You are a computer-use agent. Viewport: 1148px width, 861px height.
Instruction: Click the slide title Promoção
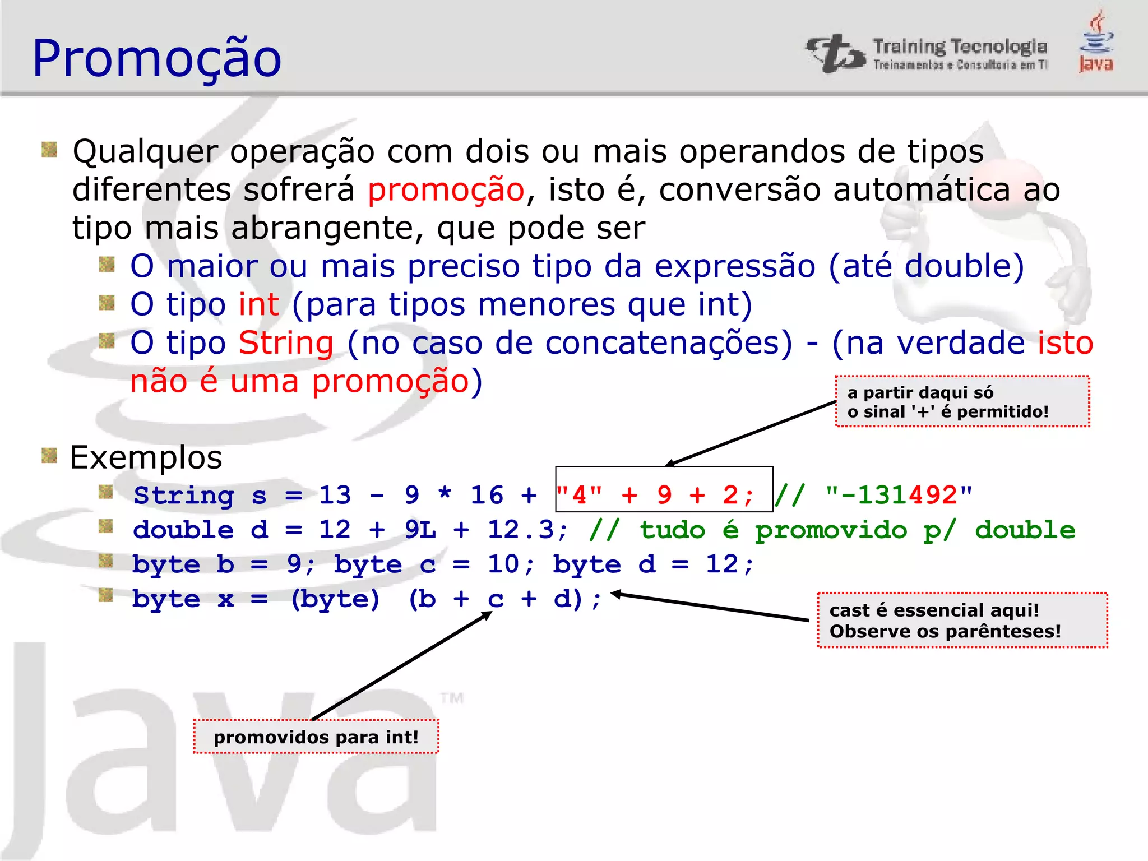coord(157,58)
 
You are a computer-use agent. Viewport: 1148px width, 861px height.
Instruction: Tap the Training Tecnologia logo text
coord(959,48)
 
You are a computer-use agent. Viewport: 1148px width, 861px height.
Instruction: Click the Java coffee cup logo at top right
coord(1096,41)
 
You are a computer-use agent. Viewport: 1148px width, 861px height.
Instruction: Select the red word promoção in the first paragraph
coord(446,190)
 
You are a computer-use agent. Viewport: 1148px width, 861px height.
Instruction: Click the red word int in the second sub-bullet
coord(258,305)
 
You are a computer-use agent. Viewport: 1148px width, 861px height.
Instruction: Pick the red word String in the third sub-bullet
coord(286,343)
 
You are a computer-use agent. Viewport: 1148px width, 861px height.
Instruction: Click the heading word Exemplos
coord(146,458)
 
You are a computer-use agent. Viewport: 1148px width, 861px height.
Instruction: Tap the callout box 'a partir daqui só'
coord(962,402)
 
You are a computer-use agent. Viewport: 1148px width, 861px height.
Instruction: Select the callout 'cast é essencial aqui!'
coord(962,621)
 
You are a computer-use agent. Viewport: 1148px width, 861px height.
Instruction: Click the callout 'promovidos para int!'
coord(316,737)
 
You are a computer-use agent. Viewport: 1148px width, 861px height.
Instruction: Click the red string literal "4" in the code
coord(579,496)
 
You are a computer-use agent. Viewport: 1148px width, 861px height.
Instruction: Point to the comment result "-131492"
coord(899,496)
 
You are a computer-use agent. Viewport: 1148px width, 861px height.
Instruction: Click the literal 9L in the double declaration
coord(420,530)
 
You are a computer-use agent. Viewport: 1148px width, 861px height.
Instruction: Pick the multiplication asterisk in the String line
coord(445,494)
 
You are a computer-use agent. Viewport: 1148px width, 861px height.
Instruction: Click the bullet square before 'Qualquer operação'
coord(49,150)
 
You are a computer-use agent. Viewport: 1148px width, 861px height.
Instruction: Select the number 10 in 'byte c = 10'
coord(503,564)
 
